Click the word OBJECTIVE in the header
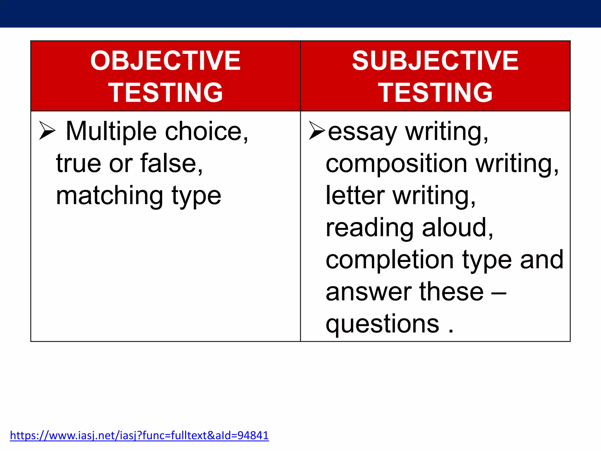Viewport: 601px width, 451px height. (x=165, y=61)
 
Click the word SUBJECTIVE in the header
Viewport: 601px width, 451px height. (x=435, y=61)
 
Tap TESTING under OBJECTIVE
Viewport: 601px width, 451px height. (x=165, y=93)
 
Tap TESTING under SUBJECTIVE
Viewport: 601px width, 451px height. (x=435, y=93)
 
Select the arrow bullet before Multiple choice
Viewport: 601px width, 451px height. (x=47, y=130)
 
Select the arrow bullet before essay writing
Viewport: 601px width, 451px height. (x=317, y=130)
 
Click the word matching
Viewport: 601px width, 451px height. (x=109, y=196)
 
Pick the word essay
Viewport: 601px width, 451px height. (x=362, y=132)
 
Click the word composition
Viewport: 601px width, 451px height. (x=396, y=164)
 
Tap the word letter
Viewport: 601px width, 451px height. (x=355, y=196)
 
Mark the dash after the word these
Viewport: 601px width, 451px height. (x=499, y=293)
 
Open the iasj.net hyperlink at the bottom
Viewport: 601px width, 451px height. (x=139, y=435)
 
